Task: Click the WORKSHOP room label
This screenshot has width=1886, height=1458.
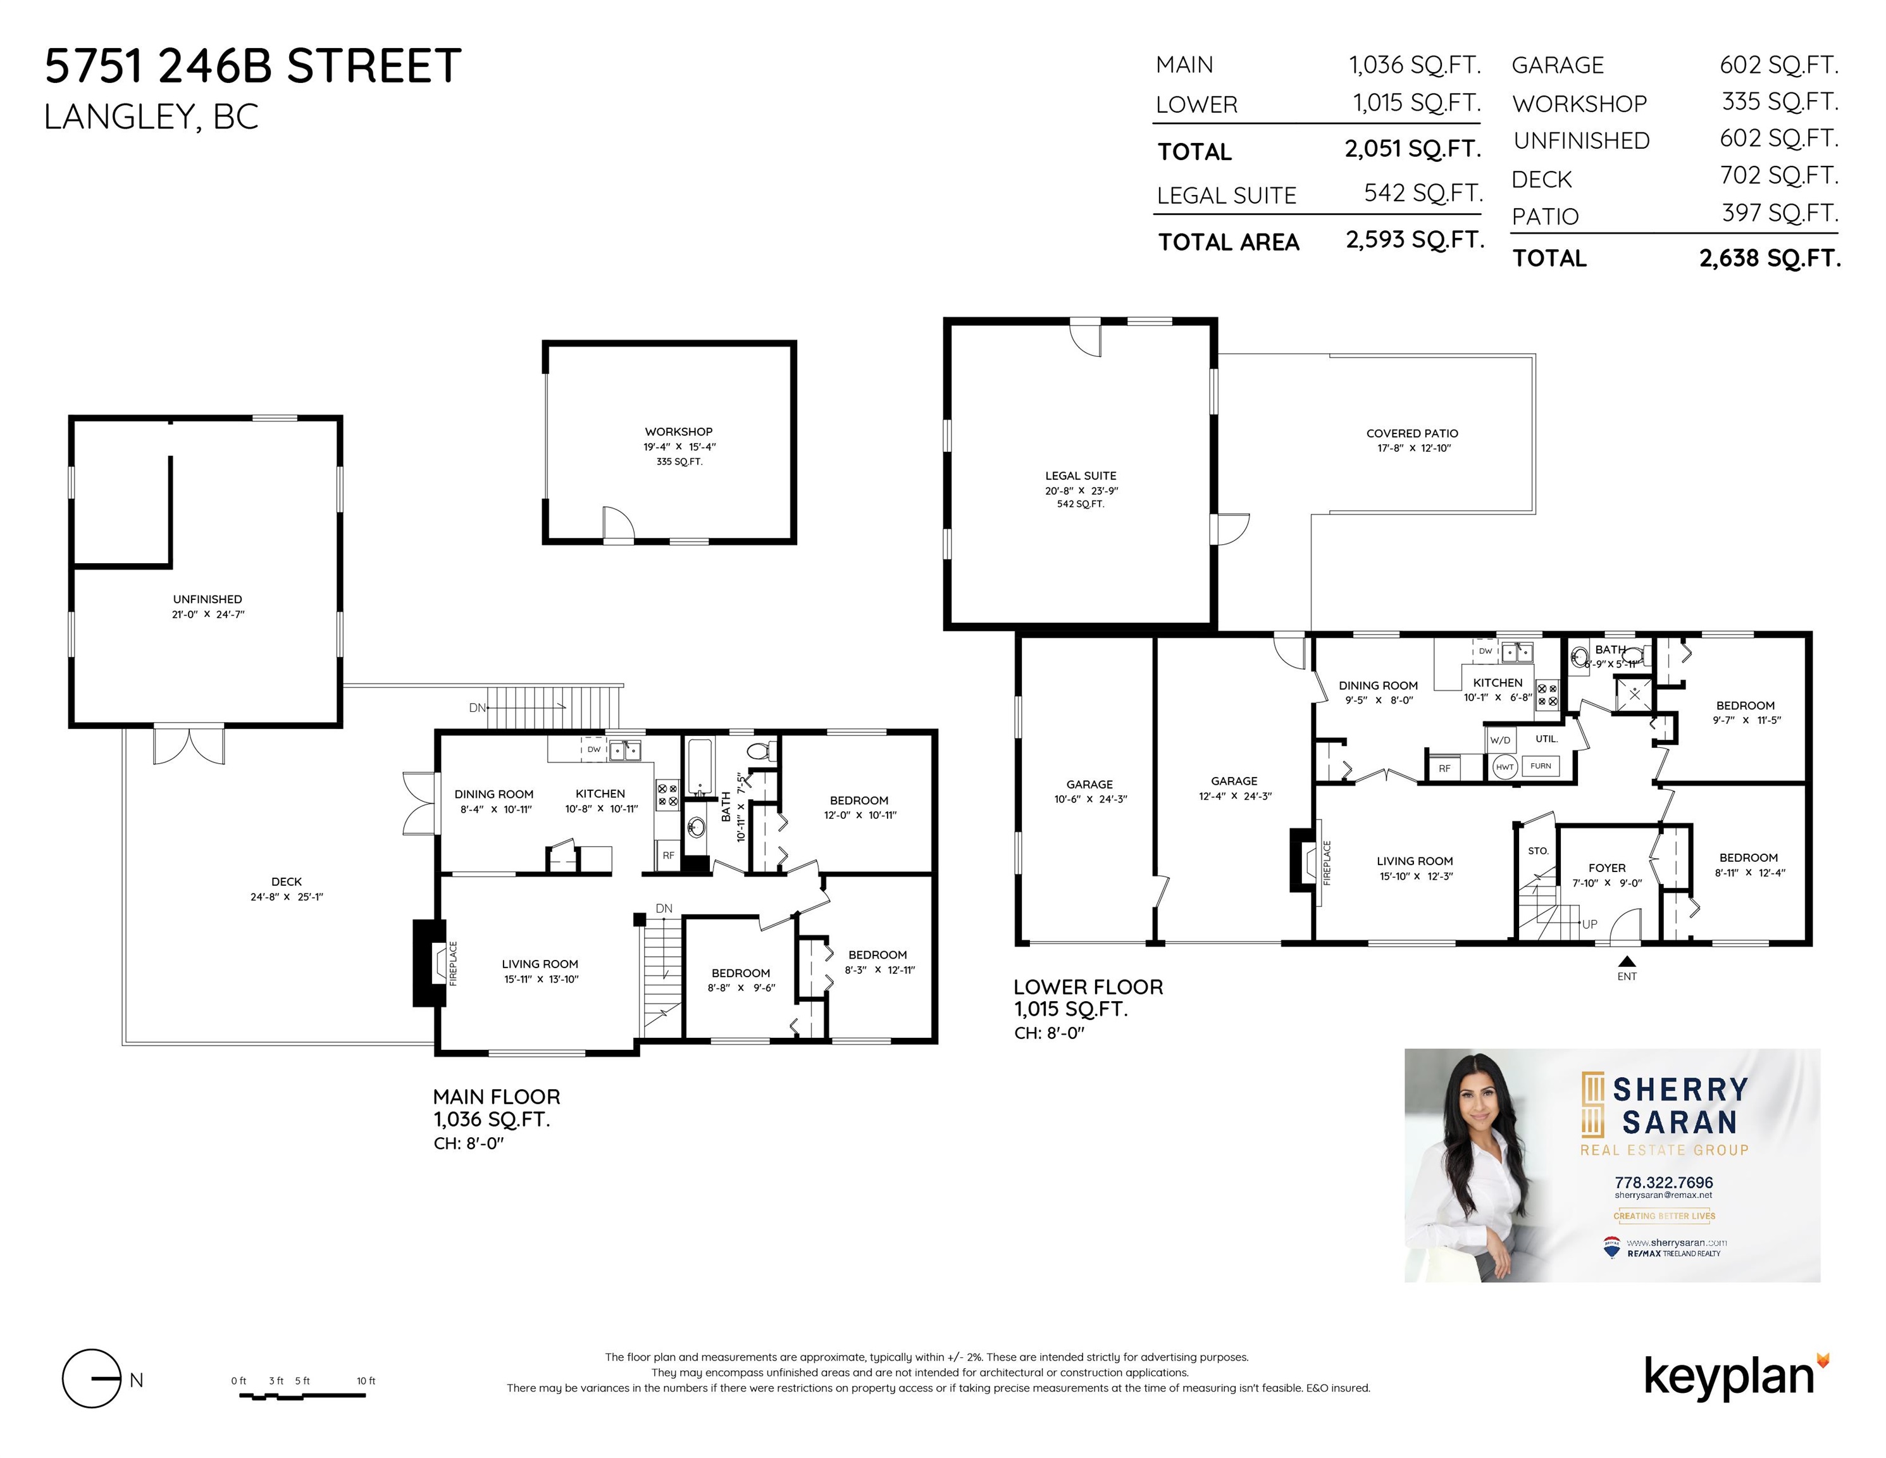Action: tap(679, 432)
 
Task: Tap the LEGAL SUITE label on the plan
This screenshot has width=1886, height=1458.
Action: tap(1081, 476)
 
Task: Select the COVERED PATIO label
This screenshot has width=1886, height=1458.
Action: tap(1412, 433)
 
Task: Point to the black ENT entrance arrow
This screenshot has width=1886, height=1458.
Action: tap(1627, 961)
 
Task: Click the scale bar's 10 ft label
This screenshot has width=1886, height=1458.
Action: tap(366, 1380)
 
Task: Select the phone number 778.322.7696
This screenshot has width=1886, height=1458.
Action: tap(1663, 1183)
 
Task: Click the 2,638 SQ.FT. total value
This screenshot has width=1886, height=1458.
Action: tap(1770, 258)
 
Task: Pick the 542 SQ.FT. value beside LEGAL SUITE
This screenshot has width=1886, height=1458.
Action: tap(1423, 194)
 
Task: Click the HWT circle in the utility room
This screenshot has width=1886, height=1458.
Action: tap(1505, 766)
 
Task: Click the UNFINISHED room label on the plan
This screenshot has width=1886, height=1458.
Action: tap(208, 599)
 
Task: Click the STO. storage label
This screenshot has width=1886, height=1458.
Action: tap(1538, 850)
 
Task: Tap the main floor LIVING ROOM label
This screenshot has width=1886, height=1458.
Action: tap(540, 964)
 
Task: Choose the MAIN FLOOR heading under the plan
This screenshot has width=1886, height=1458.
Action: tap(497, 1097)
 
